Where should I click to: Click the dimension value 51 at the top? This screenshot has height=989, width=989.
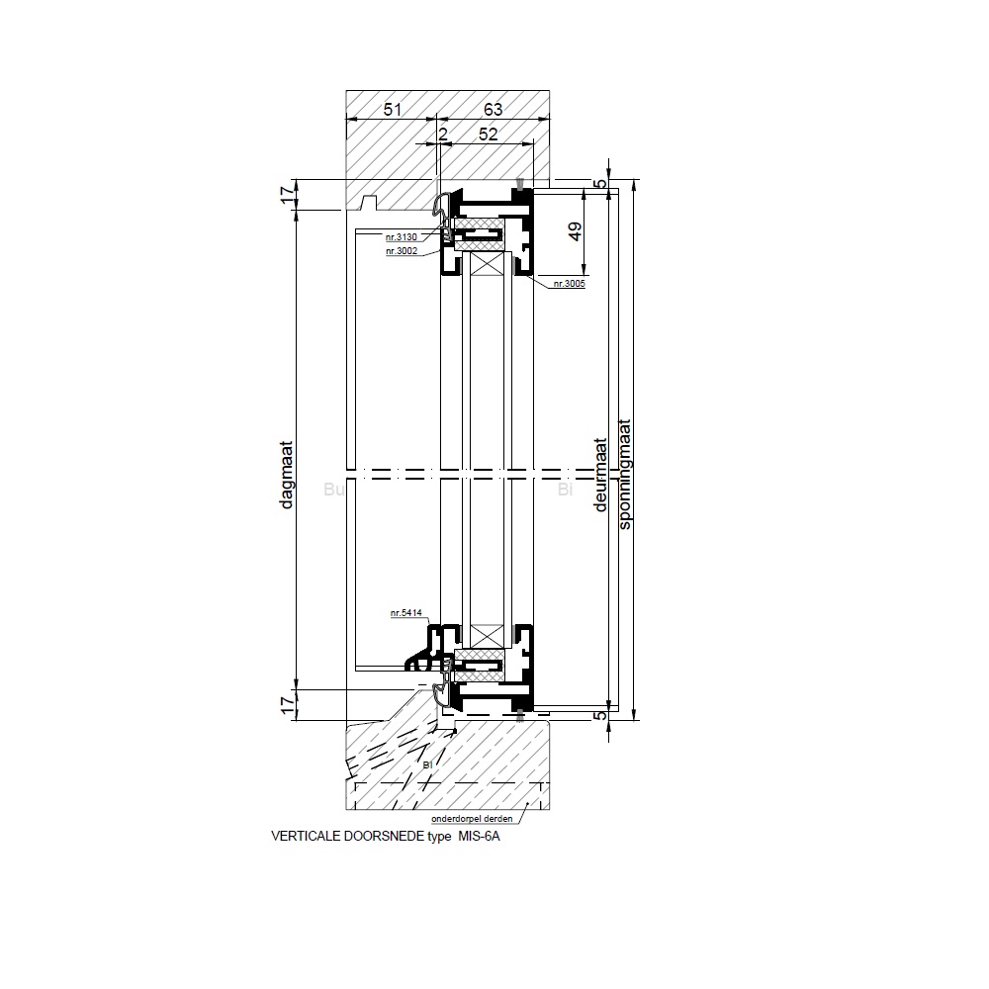(x=393, y=110)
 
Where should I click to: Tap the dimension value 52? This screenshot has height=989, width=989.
(x=488, y=133)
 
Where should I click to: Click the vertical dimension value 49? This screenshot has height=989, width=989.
(x=575, y=232)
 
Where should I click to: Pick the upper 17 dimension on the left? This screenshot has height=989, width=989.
(x=288, y=195)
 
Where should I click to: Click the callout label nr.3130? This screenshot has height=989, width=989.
(x=402, y=237)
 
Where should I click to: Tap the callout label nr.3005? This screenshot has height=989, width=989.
(x=570, y=284)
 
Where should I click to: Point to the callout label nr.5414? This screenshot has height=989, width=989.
(x=406, y=614)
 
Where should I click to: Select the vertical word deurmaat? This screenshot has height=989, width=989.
(x=600, y=476)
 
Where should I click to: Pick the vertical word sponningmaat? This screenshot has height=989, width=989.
(x=625, y=476)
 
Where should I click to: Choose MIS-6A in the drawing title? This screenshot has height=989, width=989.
(x=480, y=836)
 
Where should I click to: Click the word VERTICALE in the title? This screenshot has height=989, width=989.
(x=303, y=836)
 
